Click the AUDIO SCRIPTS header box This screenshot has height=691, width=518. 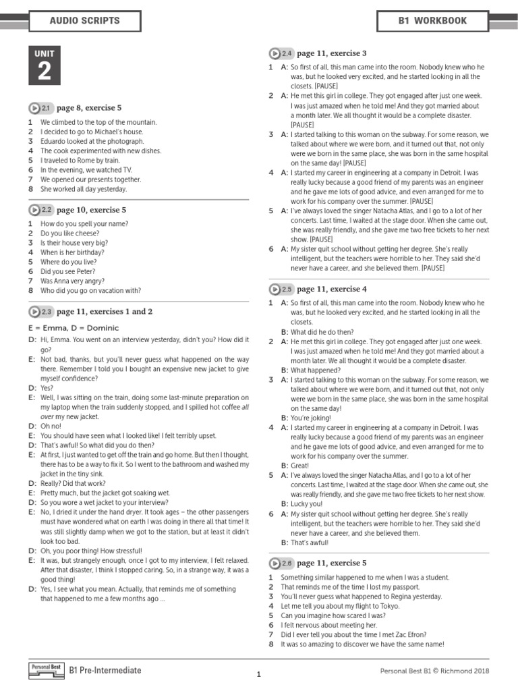pos(84,21)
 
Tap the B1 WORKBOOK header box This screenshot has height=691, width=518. pos(432,21)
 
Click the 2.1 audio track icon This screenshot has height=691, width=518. pos(40,108)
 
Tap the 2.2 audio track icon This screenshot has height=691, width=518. pos(40,210)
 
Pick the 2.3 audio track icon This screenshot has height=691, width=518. pos(40,312)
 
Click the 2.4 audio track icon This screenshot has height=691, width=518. pos(281,53)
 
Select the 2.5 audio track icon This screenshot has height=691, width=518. pos(281,289)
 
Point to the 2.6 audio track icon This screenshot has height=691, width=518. pos(281,563)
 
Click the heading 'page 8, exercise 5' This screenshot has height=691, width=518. pos(89,108)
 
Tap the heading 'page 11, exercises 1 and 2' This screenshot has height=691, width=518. pos(105,312)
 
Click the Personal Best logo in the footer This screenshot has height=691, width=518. pos(47,669)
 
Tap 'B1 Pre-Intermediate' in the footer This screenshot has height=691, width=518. pos(105,670)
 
